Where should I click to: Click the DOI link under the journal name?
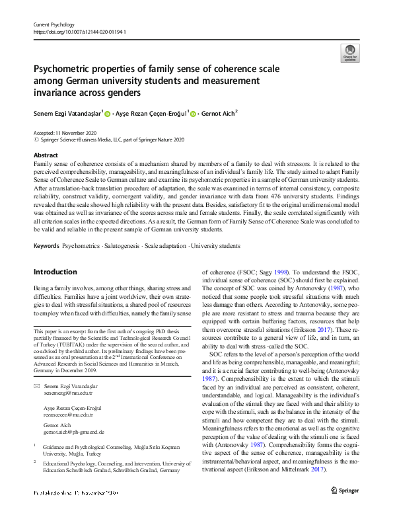pyautogui.click(x=79, y=32)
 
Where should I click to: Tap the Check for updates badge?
pyautogui.click(x=349, y=53)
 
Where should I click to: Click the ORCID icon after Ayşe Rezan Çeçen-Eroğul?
pyautogui.click(x=193, y=113)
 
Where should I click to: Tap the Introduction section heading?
pyautogui.click(x=55, y=272)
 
